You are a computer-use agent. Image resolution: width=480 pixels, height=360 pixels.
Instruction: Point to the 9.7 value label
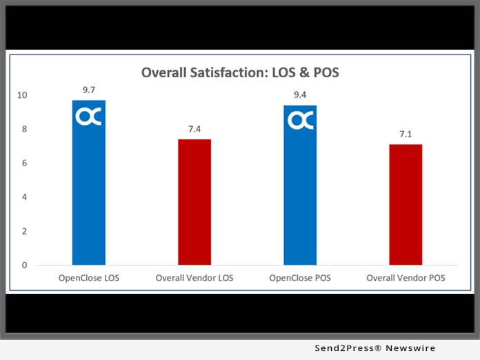point(89,90)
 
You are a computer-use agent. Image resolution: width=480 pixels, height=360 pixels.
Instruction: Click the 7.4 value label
point(194,129)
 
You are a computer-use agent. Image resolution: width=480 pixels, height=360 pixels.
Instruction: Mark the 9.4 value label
point(300,95)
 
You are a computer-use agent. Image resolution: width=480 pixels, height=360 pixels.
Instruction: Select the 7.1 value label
point(406,134)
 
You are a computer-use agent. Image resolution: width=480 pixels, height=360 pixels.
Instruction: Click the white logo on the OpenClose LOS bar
point(89,117)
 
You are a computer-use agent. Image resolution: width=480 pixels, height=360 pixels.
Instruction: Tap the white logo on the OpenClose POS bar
point(300,121)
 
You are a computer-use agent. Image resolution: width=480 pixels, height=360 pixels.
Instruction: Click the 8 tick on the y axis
point(24,129)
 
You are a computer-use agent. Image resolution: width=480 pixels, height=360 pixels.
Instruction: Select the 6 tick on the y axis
point(24,163)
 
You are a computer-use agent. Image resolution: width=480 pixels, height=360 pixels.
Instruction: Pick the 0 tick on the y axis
point(24,265)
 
